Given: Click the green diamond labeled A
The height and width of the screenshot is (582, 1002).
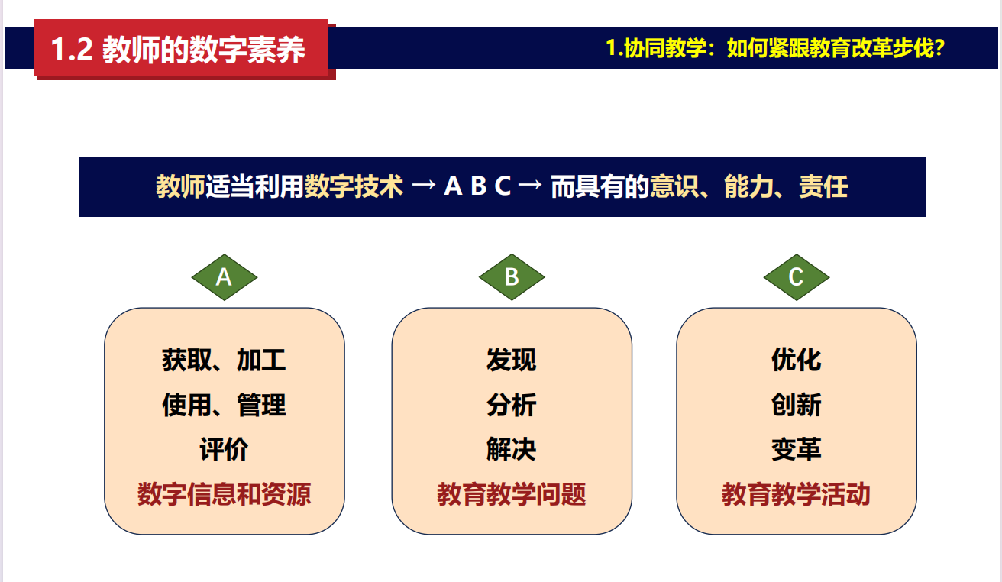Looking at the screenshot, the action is (x=224, y=277).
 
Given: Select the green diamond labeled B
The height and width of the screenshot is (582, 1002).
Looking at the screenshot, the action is (x=512, y=277).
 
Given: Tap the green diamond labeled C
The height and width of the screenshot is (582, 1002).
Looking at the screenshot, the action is (x=797, y=277).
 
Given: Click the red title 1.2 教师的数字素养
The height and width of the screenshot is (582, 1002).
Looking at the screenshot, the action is (x=178, y=49).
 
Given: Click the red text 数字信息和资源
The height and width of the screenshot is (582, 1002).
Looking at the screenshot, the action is (x=224, y=494).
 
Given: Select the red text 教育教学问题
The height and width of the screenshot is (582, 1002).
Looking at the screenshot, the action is (x=512, y=494).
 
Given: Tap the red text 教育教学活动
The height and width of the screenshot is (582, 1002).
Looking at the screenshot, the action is (x=797, y=494).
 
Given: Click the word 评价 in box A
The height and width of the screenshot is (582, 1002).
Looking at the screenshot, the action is (x=224, y=449).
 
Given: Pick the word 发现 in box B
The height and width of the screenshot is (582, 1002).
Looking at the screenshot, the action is (x=512, y=360).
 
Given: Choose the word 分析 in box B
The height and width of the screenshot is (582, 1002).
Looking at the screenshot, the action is (x=512, y=405).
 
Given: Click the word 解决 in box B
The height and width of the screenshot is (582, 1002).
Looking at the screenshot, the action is (x=512, y=449).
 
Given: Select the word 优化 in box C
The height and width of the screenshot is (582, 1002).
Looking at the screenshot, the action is (x=797, y=360).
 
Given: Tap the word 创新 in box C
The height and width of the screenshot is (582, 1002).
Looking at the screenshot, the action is (x=797, y=405).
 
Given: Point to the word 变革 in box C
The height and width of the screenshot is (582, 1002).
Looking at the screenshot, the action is (x=797, y=449).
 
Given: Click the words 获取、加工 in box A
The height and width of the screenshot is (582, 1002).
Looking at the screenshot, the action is (x=224, y=360).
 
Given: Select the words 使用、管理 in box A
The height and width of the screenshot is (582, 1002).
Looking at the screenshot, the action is (x=224, y=405).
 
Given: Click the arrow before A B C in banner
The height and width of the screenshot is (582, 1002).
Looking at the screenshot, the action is (x=424, y=186).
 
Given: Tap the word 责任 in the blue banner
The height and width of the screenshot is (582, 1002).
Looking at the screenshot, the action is (x=823, y=186).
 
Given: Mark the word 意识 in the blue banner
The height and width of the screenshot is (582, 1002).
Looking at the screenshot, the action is (x=674, y=186).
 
